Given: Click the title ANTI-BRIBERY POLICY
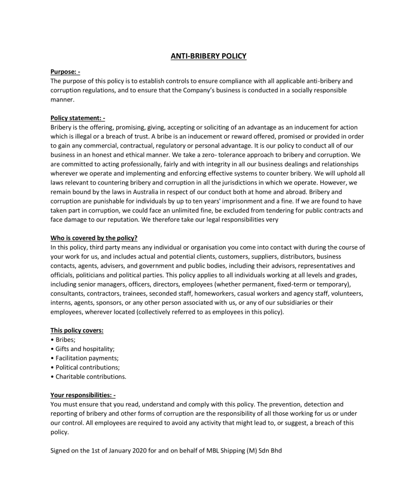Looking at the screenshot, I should click(x=208, y=56).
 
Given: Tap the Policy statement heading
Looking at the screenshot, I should click(x=78, y=118).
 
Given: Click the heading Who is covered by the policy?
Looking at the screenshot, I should click(x=93, y=238).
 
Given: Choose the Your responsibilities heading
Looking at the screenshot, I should click(x=83, y=396).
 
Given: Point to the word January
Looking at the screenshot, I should click(x=117, y=450).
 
